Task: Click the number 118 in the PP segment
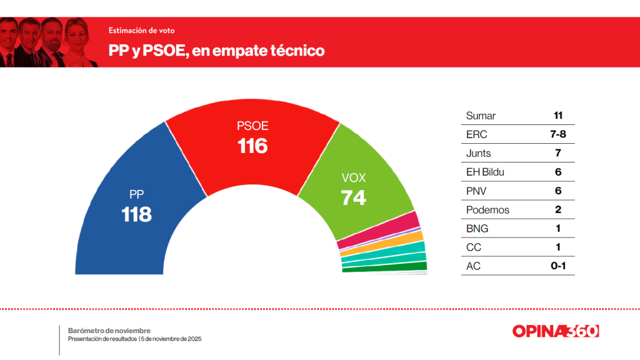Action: coord(136,214)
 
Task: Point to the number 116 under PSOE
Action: coord(252,146)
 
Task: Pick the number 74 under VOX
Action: coord(353,197)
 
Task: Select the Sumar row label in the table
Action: coord(481,116)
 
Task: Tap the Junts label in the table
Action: coord(479,153)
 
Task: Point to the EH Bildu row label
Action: coord(485,172)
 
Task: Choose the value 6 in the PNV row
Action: coord(557,191)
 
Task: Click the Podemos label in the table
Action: coord(487,209)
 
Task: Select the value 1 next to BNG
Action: coord(557,228)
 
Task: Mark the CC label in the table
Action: coord(474,247)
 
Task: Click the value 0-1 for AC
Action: coord(557,266)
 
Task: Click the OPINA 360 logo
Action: coord(555,331)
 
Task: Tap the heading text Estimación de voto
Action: coord(141,30)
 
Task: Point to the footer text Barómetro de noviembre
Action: coord(109,330)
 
